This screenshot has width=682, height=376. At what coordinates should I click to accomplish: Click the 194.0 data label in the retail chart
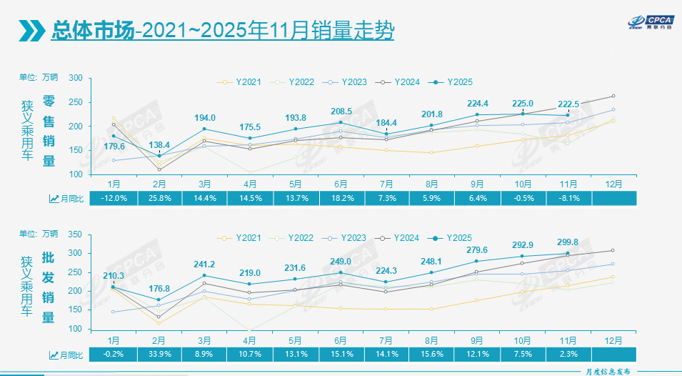click(x=204, y=117)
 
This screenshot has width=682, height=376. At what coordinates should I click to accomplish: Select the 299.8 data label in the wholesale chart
click(x=568, y=242)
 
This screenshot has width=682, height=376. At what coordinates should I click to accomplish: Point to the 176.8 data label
click(x=159, y=288)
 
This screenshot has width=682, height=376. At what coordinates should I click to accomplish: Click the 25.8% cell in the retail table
click(x=159, y=198)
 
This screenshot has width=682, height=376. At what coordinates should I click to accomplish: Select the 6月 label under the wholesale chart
click(x=341, y=339)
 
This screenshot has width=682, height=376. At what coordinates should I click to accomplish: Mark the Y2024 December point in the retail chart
click(x=613, y=96)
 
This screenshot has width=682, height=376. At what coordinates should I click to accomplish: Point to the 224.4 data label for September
click(x=477, y=103)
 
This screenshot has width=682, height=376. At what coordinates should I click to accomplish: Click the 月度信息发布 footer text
click(x=607, y=371)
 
